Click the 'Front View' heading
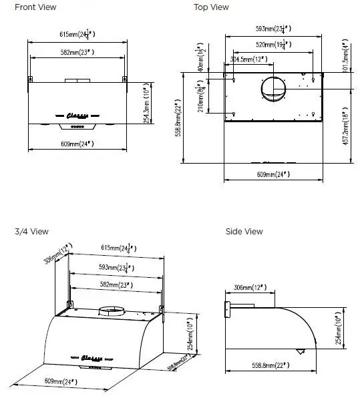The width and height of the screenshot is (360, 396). (35, 7)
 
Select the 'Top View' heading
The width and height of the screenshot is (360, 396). (211, 7)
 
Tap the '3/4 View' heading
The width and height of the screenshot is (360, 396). (31, 232)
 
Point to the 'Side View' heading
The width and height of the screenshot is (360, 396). (244, 232)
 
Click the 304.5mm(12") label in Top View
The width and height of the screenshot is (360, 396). (248, 59)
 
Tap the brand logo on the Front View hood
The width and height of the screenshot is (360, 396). (79, 114)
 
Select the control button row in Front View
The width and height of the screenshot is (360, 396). (78, 125)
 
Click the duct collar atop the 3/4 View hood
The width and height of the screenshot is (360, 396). (113, 311)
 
